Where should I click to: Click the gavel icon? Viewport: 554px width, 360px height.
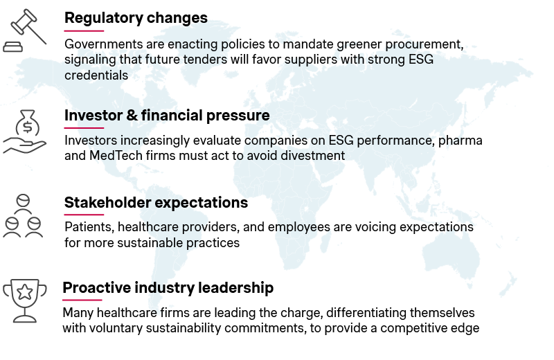25,30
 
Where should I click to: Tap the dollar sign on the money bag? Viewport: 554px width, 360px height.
27,127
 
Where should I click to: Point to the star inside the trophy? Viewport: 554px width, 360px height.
25,292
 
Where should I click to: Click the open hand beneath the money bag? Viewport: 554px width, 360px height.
25,146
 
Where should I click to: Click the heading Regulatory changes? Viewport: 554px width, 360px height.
136,18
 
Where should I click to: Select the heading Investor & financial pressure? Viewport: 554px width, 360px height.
167,115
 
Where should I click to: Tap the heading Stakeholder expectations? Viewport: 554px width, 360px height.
157,203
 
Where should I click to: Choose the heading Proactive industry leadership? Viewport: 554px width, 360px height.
168,287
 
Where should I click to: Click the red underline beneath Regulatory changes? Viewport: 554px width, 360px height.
84,31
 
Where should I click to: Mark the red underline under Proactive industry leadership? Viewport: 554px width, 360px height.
82,300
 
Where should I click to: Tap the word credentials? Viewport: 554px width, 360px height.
96,75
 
